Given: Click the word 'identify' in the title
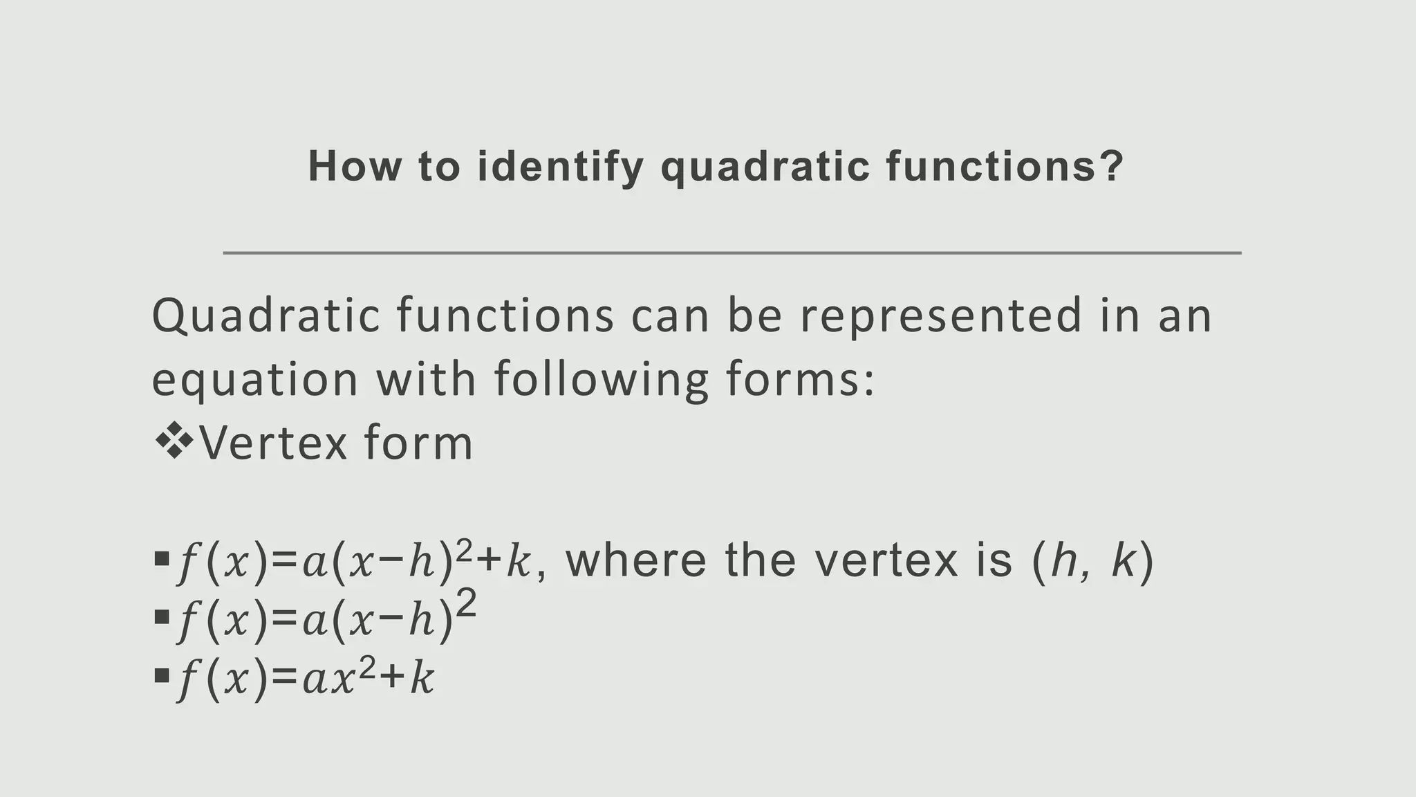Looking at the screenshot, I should point(561,167).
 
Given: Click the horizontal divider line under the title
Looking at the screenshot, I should point(732,253).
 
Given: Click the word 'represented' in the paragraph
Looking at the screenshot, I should point(940,316).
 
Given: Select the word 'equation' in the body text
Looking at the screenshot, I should point(254,381).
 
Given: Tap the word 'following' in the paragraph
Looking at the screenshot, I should point(601,381).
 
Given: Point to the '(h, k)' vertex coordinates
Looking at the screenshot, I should point(1092,561).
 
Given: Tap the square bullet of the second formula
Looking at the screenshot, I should point(162,616).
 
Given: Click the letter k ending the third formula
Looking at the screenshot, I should point(422,680).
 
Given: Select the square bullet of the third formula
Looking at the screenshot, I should point(162,675).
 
